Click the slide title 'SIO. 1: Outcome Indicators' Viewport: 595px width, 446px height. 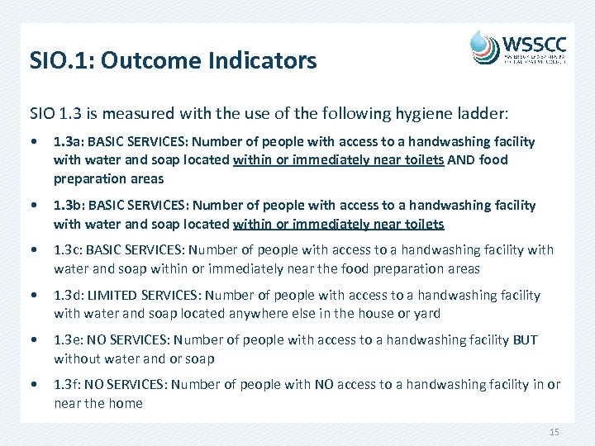(x=173, y=60)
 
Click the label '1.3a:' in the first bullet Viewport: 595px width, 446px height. (x=69, y=142)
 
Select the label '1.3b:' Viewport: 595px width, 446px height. (x=69, y=205)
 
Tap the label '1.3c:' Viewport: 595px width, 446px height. (x=69, y=250)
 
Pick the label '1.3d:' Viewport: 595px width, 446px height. (x=69, y=295)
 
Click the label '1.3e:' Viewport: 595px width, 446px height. (x=69, y=340)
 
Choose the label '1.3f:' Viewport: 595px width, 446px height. (x=68, y=385)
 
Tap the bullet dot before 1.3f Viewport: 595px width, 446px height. (x=33, y=385)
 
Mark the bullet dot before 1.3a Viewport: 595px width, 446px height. (x=33, y=142)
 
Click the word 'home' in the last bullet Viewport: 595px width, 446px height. (x=126, y=403)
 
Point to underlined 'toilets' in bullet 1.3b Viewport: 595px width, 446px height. (x=422, y=223)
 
